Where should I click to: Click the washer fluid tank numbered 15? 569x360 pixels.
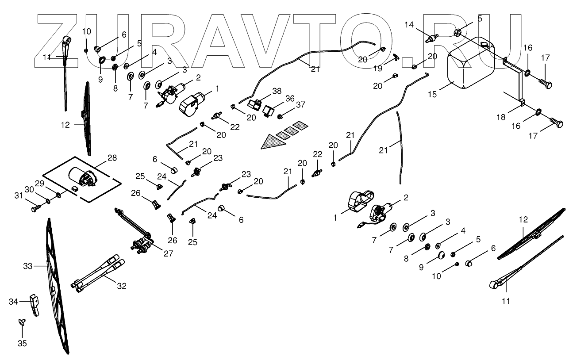[472, 64]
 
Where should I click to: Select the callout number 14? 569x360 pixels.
[410, 25]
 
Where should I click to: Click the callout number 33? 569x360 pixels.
[27, 266]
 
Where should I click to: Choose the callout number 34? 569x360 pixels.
[13, 302]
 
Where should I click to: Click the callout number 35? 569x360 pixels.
[22, 343]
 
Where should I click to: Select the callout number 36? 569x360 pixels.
[289, 98]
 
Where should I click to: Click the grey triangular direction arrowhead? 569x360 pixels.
[272, 142]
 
